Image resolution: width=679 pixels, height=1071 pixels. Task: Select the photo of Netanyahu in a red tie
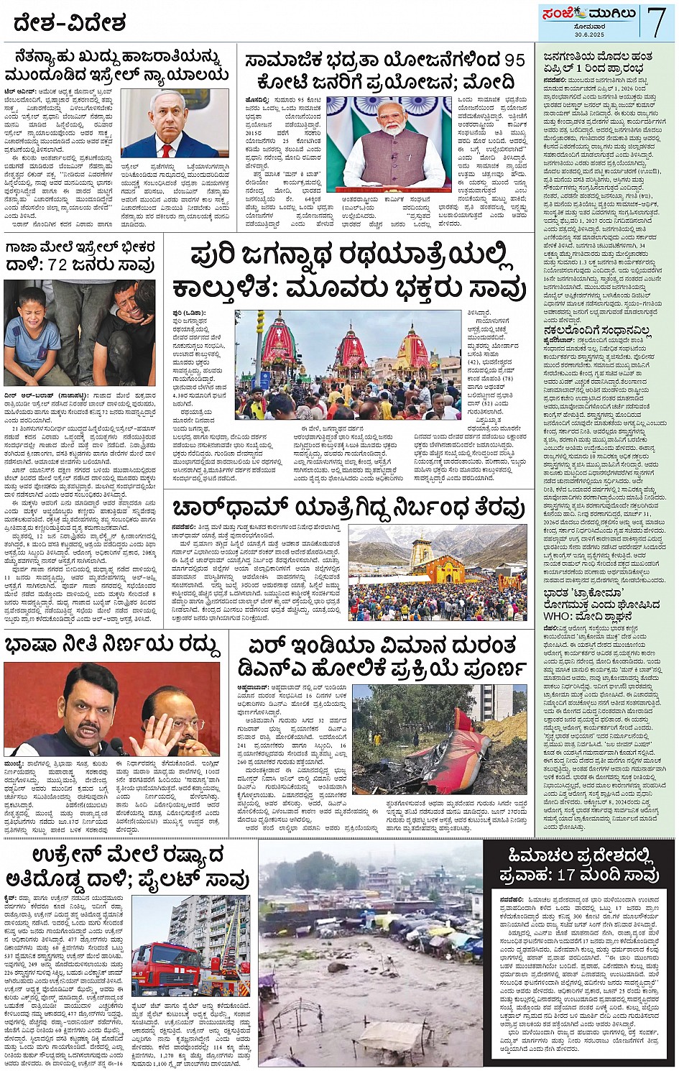coord(172,124)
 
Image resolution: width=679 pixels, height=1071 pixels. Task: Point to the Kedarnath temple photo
coord(437,571)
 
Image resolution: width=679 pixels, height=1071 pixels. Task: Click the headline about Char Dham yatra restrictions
coord(348,508)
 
